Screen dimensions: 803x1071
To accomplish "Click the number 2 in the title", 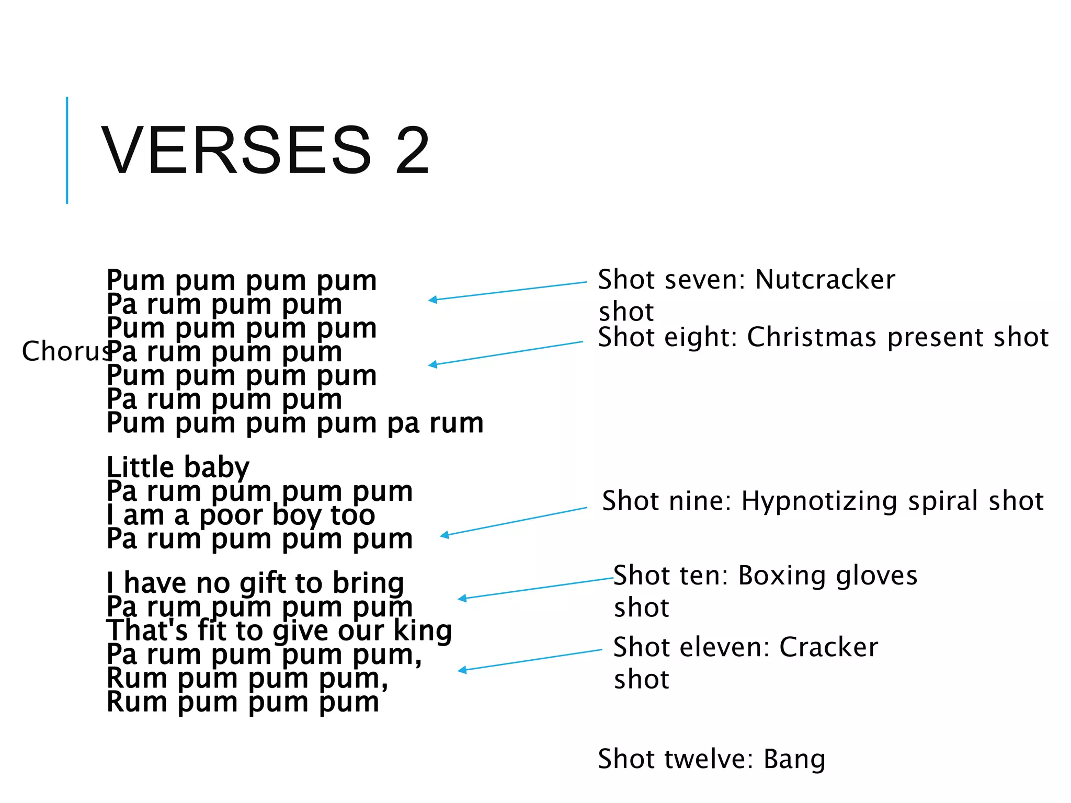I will [413, 151].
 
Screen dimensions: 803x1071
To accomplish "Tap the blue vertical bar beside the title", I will [67, 150].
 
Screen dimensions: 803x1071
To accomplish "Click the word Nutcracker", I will [825, 280].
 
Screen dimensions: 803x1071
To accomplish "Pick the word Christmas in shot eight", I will [811, 337].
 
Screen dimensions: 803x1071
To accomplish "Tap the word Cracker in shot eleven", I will [828, 647].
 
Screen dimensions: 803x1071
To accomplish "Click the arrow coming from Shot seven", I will [507, 291].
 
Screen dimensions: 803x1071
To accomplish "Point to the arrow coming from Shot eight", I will [505, 353].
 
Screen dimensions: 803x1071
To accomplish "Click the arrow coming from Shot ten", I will [535, 589].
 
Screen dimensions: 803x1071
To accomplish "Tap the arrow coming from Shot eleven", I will [530, 660].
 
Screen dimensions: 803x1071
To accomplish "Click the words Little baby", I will [178, 467].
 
